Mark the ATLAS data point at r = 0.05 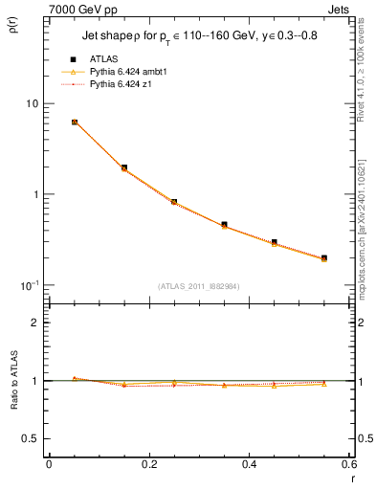click(x=75, y=122)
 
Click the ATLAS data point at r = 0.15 click(x=124, y=167)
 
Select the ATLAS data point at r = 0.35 click(x=224, y=225)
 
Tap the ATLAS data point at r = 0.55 click(x=323, y=258)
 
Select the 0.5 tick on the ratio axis click(x=32, y=438)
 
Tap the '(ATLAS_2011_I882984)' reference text click(x=199, y=285)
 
